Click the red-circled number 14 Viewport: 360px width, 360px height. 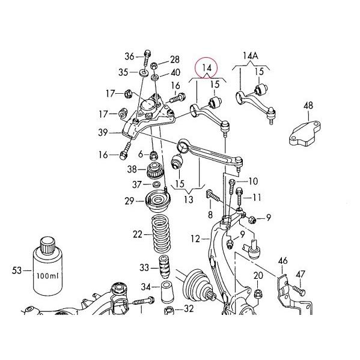tap(207, 67)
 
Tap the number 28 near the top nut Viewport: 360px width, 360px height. tap(174, 59)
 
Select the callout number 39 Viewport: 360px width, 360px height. tap(104, 132)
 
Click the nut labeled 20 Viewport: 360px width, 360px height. tap(258, 294)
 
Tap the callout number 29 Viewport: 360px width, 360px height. tap(129, 201)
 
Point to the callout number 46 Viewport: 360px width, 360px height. tap(283, 261)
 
